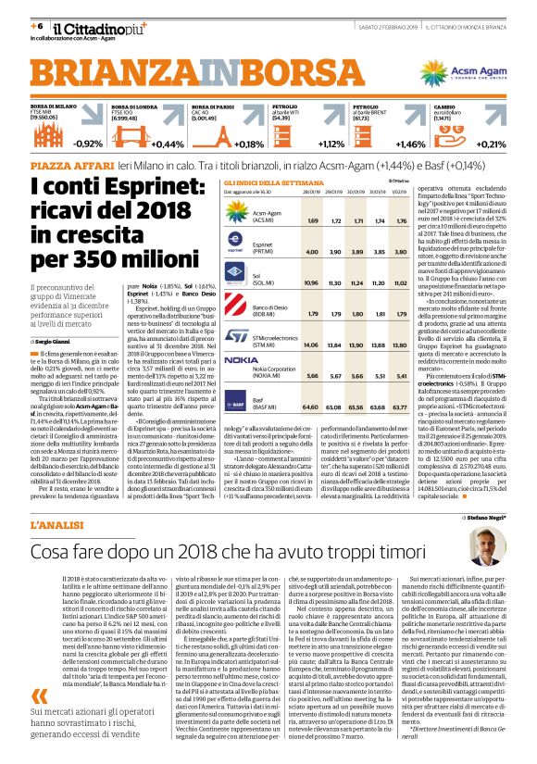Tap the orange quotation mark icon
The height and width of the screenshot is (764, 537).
[x=37, y=694]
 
